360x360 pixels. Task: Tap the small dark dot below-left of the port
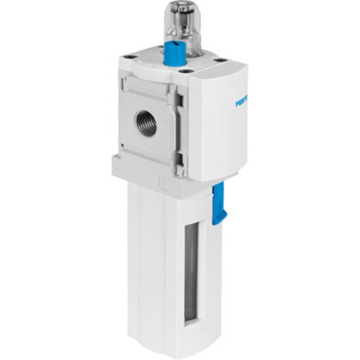pyautogui.click(x=122, y=146)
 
